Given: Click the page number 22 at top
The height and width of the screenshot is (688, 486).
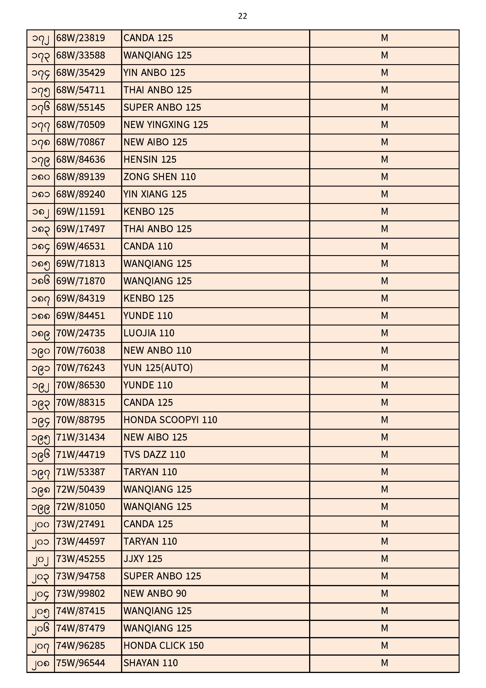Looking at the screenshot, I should point(242,16).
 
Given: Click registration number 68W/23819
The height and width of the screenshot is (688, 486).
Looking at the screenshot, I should point(81,38).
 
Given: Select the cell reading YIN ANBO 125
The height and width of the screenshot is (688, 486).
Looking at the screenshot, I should point(154,73).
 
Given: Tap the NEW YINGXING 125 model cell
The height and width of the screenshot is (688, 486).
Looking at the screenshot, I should point(165,125).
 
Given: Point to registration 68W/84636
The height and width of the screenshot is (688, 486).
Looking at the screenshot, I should point(81,159).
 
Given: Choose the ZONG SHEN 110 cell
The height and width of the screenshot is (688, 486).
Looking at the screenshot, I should point(160,177).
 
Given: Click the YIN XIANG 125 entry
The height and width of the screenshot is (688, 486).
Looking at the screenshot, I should point(155,194).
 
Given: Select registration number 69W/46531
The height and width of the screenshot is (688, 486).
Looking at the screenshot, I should point(81,246).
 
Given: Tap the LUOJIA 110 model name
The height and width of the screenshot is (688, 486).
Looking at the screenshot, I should point(149,333).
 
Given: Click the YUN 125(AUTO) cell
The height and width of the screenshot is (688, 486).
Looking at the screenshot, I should point(158,368).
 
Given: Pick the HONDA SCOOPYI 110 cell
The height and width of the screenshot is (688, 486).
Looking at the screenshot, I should point(170,420).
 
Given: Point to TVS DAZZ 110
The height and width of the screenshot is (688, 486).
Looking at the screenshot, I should point(154,455).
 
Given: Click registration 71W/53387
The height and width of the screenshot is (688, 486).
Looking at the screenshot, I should point(81,472).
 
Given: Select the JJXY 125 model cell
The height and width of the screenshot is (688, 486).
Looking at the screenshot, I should point(143,559).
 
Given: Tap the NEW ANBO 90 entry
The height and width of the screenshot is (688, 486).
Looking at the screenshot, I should point(155,593).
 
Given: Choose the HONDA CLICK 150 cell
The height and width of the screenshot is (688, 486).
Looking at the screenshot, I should point(163,645).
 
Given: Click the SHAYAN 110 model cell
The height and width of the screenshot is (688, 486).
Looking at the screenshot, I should point(150,663).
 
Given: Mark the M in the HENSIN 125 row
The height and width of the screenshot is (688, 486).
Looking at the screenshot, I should point(384,159).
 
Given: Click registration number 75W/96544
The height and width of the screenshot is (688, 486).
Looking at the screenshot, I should point(81,663).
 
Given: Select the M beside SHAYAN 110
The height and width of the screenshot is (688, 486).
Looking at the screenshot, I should point(384,663).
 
